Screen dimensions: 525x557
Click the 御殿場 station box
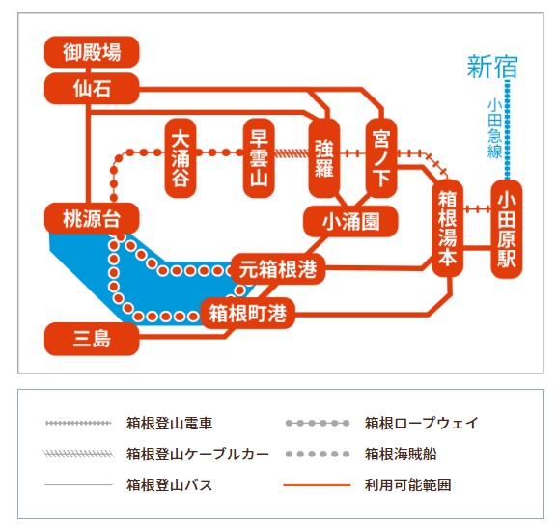pyautogui.click(x=93, y=51)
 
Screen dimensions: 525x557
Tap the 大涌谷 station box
pyautogui.click(x=181, y=157)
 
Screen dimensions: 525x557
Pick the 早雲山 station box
pyautogui.click(x=258, y=157)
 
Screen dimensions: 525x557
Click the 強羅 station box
pyautogui.click(x=324, y=157)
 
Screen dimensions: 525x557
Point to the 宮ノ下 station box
pyautogui.click(x=383, y=157)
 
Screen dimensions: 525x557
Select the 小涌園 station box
pyautogui.click(x=351, y=222)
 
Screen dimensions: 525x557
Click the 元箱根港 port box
pyautogui.click(x=278, y=268)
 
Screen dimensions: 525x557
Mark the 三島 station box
pyautogui.click(x=93, y=340)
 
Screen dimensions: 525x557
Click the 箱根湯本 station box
pyautogui.click(x=447, y=230)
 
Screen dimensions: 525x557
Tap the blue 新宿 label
pyautogui.click(x=492, y=67)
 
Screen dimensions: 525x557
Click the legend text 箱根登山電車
pyautogui.click(x=169, y=423)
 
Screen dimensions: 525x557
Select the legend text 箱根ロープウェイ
pyautogui.click(x=421, y=423)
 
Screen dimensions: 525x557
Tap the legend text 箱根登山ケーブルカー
pyautogui.click(x=197, y=453)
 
